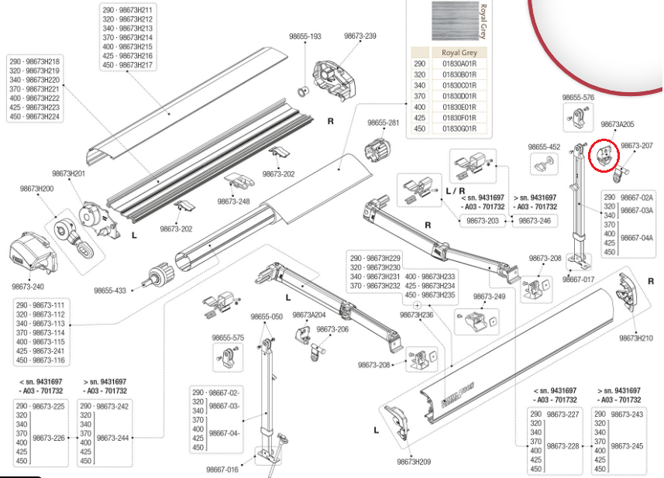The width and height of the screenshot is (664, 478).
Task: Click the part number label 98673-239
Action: point(360,36)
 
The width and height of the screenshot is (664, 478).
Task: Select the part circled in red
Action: point(604,156)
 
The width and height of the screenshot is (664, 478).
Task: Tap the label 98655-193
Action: point(305,36)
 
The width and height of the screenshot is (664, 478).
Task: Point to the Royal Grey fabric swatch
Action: point(456,21)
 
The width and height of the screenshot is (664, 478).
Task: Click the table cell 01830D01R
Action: point(459,96)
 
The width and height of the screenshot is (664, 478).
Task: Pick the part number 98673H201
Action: point(69,174)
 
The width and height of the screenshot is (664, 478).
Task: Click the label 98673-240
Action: point(28,287)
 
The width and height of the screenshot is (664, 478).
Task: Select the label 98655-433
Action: point(110,291)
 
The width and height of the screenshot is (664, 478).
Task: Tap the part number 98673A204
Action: point(309,315)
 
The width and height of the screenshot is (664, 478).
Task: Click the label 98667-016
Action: point(222,469)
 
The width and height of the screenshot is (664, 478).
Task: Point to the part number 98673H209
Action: point(414,462)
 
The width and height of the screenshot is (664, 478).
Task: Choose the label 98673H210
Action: point(636,338)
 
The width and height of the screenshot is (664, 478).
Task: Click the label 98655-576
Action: point(578,98)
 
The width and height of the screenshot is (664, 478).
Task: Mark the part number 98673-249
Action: point(489,297)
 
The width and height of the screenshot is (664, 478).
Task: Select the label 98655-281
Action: point(384,122)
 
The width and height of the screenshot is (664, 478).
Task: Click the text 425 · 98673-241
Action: point(40,351)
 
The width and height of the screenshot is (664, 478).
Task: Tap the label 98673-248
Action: point(233,201)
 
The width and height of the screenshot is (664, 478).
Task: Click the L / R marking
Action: point(456,191)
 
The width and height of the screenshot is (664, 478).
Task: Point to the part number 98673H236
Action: point(417,315)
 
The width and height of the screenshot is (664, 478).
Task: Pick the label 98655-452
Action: point(544,147)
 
